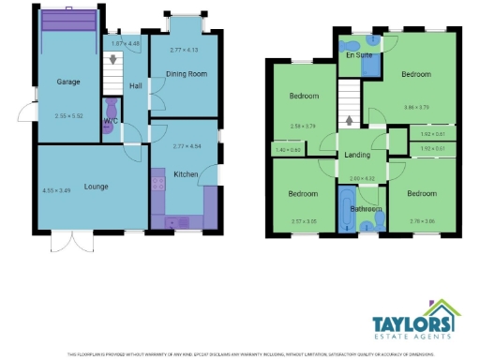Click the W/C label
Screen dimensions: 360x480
pos(111,121)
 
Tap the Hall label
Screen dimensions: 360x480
pos(135,86)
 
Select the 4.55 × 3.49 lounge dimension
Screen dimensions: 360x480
pos(56,191)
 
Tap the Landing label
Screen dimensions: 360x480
pos(357,155)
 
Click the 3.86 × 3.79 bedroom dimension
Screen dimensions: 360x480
pos(416,108)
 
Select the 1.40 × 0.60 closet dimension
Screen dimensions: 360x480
pos(288,150)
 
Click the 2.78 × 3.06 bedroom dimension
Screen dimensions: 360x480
pos(423,221)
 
